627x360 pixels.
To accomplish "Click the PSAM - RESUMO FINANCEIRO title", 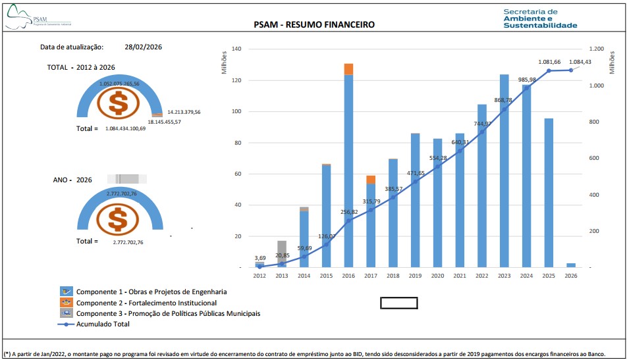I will point(313,24).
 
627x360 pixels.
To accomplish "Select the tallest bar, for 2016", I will point(348,171).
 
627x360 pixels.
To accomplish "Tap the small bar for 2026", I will point(571,265).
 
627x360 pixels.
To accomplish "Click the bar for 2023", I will point(504,171).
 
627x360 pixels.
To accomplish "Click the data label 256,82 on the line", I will point(348,212).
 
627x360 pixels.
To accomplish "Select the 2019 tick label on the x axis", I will point(415,276).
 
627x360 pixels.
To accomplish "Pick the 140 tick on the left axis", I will point(237,49).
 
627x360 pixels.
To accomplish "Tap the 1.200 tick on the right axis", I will point(596,49).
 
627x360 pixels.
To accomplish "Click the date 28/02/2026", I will point(143,47).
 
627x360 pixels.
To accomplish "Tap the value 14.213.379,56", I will point(184,112).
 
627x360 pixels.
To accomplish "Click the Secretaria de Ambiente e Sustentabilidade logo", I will point(539,18).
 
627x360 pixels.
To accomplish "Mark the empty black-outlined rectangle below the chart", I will point(399,303).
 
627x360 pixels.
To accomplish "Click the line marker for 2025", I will point(549,70).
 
